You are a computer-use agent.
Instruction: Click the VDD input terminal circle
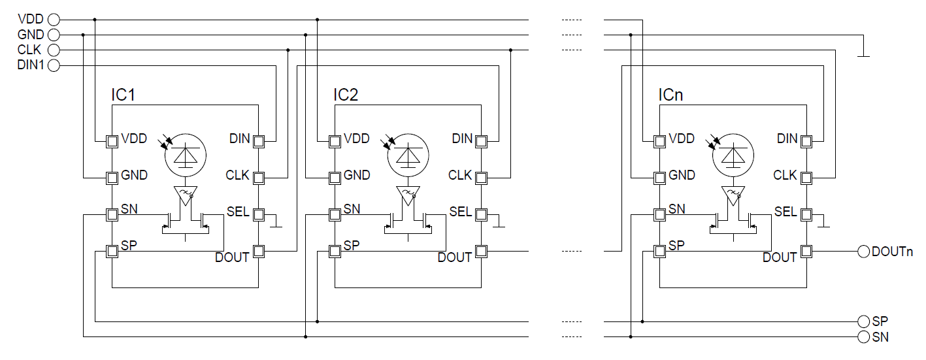pyautogui.click(x=54, y=20)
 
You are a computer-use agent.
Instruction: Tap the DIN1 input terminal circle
pyautogui.click(x=54, y=65)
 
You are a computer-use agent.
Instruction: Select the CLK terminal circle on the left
pyautogui.click(x=54, y=50)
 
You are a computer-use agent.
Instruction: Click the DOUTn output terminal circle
pyautogui.click(x=863, y=252)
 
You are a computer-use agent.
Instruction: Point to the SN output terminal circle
pyautogui.click(x=863, y=337)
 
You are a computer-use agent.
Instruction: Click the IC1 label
pyautogui.click(x=124, y=95)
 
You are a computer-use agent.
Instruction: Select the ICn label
pyautogui.click(x=670, y=95)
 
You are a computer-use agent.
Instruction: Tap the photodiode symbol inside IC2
pyautogui.click(x=408, y=155)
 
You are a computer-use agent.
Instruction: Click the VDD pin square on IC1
pyautogui.click(x=112, y=141)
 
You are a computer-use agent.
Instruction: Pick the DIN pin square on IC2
pyautogui.click(x=481, y=141)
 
